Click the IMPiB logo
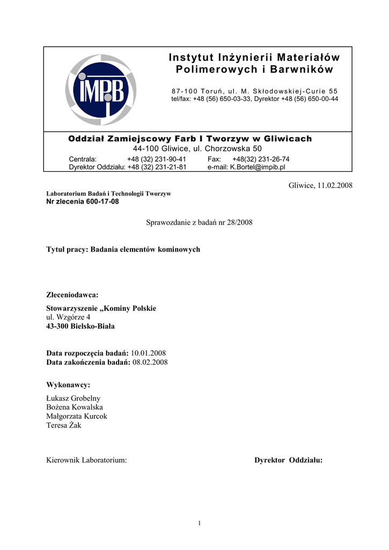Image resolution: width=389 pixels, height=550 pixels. [x=101, y=90]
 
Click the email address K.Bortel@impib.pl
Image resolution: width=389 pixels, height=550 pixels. [x=258, y=167]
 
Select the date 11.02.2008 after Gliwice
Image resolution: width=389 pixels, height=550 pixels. [x=335, y=185]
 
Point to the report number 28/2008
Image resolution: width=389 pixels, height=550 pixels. [x=241, y=222]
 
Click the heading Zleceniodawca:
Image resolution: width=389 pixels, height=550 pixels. [x=73, y=295]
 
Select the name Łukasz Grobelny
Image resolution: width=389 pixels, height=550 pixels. [x=74, y=398]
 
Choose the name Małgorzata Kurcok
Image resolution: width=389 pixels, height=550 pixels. [x=77, y=416]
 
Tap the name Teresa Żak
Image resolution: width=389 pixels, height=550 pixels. [x=64, y=425]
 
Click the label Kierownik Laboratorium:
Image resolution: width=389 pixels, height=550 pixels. [x=87, y=460]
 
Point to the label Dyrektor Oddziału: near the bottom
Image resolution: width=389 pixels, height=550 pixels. [x=288, y=460]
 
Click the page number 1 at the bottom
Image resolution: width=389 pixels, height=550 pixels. [x=199, y=523]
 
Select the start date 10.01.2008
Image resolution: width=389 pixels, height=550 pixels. [x=148, y=353]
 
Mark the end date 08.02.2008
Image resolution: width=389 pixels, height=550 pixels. [x=150, y=362]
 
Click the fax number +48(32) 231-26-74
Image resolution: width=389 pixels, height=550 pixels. [x=261, y=159]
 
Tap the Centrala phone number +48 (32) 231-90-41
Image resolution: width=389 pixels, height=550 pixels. [x=156, y=159]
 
